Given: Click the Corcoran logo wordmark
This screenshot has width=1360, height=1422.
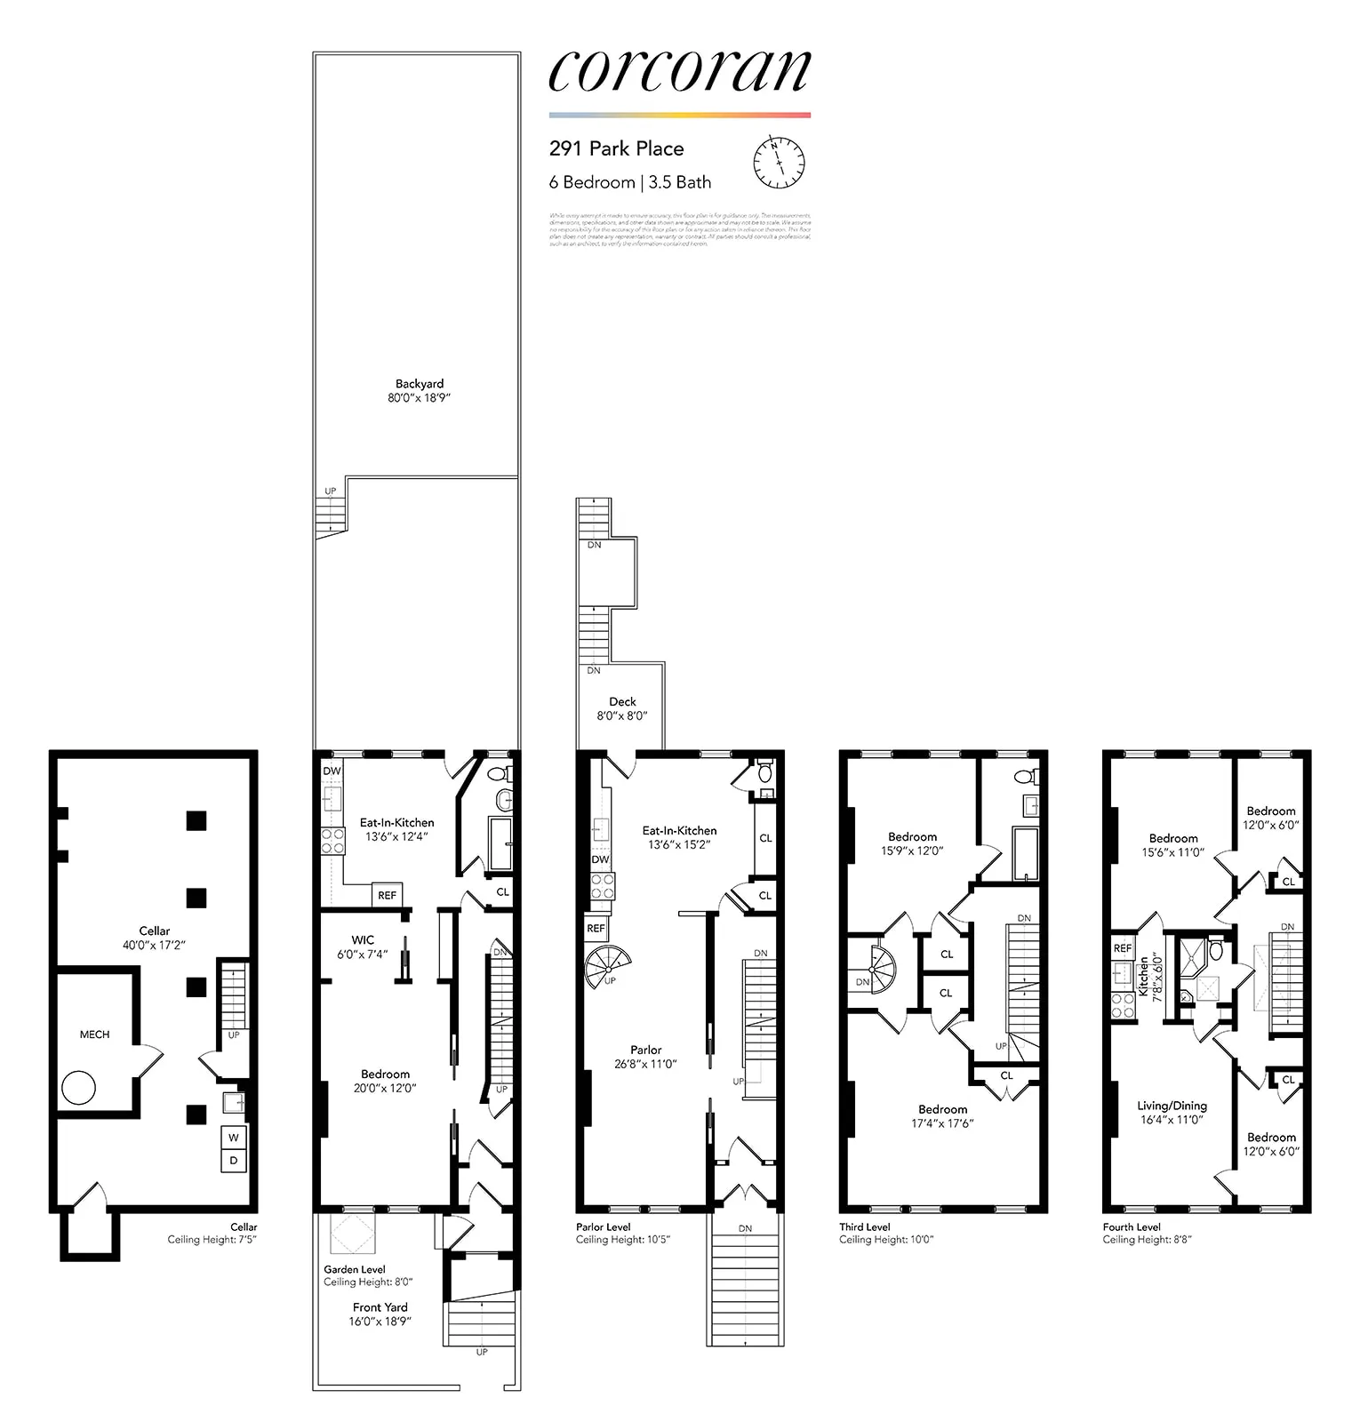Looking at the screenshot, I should (x=679, y=71).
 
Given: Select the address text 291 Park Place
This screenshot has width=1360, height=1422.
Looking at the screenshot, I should (x=616, y=148).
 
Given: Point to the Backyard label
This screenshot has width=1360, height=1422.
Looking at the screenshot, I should (x=420, y=384).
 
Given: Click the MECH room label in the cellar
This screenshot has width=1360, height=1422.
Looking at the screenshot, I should (x=94, y=1035).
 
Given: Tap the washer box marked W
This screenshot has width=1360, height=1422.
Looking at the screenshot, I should (x=234, y=1138).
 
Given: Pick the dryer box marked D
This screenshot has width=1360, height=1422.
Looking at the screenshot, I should (x=234, y=1161).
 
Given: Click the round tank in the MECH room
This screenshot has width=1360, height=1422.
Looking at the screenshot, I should (x=78, y=1088).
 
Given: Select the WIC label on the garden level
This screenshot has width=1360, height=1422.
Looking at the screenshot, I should (x=363, y=940).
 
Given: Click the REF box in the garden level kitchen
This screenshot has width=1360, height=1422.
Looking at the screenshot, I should (x=387, y=895).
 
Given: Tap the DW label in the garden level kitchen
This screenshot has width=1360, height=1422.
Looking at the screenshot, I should (x=332, y=771).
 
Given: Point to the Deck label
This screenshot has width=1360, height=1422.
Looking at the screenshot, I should (x=622, y=702).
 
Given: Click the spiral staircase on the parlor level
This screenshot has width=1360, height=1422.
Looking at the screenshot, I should (x=608, y=966).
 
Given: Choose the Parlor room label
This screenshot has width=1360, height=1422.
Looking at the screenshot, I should (x=646, y=1050).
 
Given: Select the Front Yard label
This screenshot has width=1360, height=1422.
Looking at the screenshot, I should (x=380, y=1307).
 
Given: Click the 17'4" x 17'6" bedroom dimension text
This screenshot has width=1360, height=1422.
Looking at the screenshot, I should (x=942, y=1123).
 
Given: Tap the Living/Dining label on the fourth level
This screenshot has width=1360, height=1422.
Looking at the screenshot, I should (x=1172, y=1106).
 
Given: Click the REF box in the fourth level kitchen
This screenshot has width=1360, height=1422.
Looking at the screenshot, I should (x=1123, y=948).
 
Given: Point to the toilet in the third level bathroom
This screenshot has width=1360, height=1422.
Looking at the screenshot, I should (x=1023, y=776).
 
